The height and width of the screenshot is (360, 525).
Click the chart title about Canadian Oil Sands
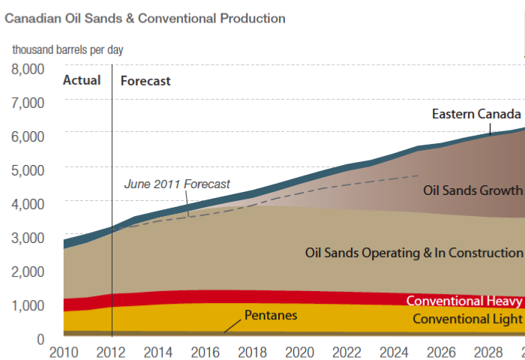[x=145, y=17]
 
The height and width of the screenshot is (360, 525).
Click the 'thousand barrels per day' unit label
[x=67, y=50]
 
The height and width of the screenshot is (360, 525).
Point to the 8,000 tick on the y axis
[x=28, y=69]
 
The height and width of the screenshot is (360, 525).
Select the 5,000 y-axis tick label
[x=28, y=169]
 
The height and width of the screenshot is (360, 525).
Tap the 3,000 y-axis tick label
[x=28, y=237]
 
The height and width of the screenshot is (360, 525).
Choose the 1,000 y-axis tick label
[x=28, y=305]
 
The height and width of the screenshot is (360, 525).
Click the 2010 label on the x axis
[x=63, y=351]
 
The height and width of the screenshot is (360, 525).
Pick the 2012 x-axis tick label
[x=111, y=351]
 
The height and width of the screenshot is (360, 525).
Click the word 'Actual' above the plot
[x=82, y=80]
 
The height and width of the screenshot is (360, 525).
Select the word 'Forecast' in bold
[x=145, y=81]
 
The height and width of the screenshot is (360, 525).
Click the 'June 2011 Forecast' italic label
[x=177, y=184]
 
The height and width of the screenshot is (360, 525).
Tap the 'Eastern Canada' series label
[x=476, y=115]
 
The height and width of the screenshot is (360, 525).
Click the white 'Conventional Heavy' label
[x=463, y=301]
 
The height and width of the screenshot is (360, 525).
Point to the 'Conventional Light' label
[x=467, y=319]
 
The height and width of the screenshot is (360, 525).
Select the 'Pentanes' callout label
[x=271, y=315]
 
